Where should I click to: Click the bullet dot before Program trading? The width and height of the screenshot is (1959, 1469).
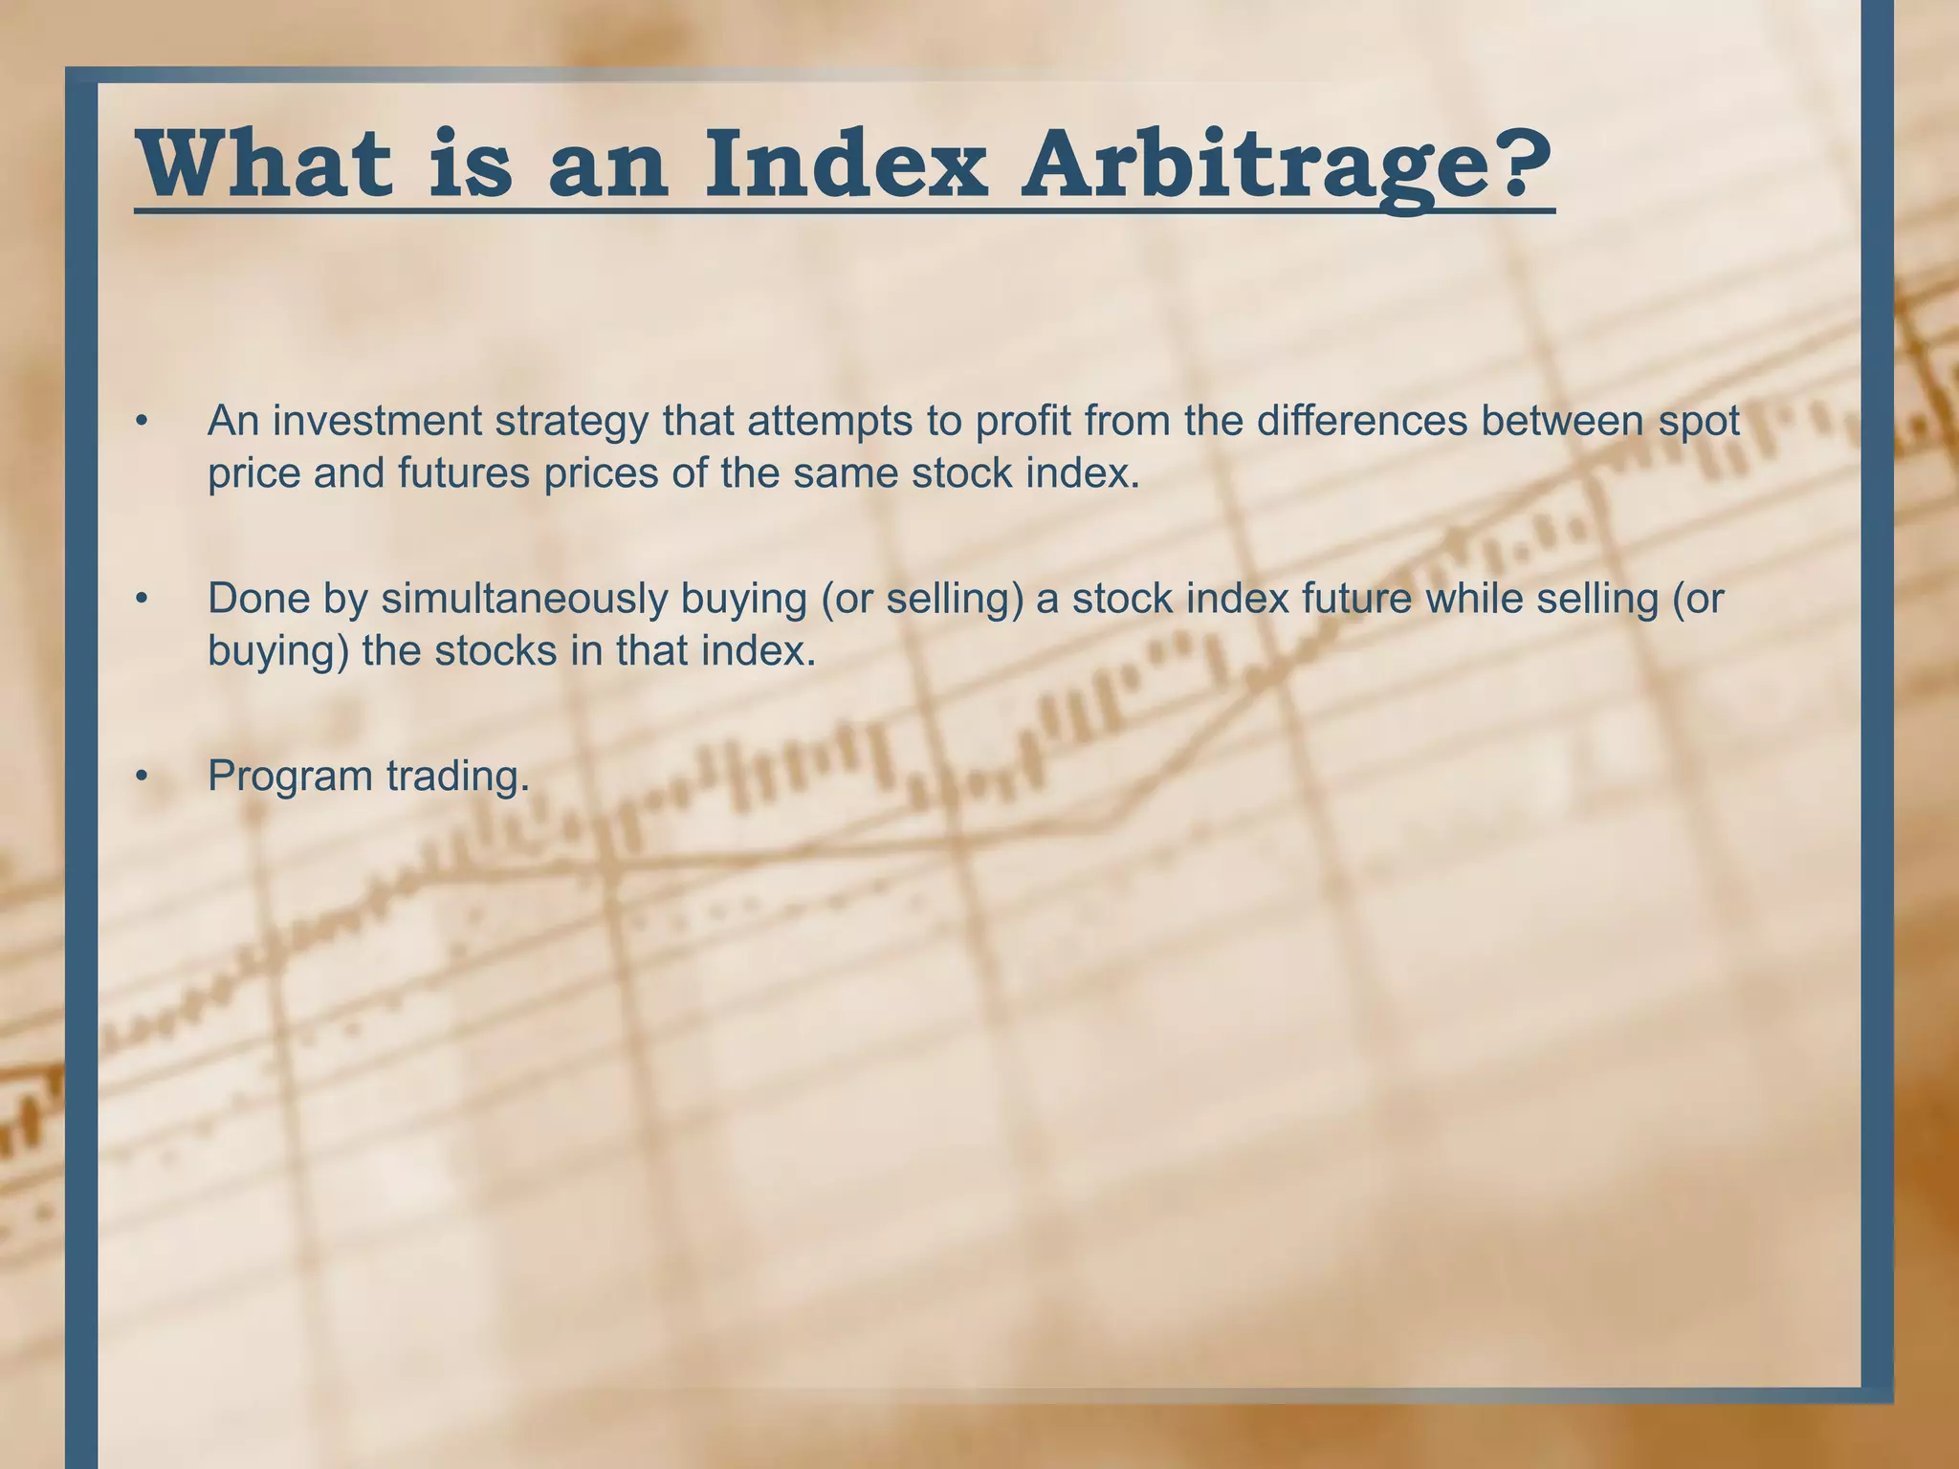click(x=142, y=777)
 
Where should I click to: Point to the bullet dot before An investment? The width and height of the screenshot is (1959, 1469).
click(x=142, y=422)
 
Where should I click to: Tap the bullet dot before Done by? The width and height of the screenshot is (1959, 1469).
click(x=142, y=600)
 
